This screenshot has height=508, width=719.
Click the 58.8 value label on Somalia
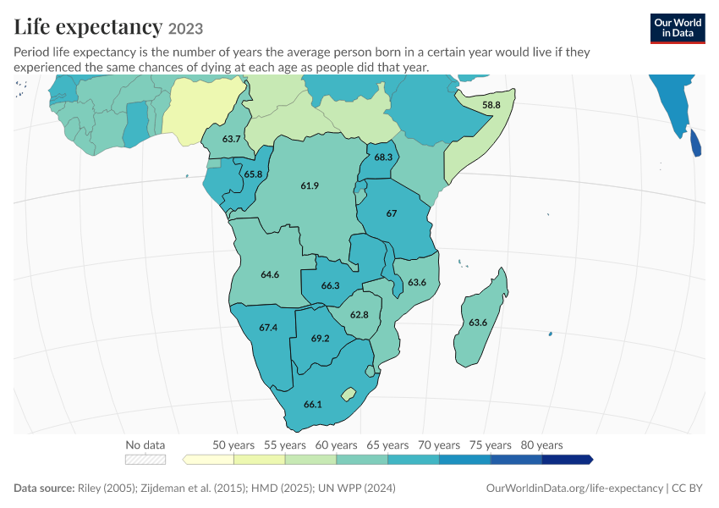tap(491, 105)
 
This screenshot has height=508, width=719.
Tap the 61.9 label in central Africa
tap(310, 186)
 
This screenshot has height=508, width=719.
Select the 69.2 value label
tap(320, 339)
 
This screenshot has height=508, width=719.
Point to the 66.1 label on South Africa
tap(313, 405)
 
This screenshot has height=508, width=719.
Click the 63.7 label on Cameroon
tap(231, 139)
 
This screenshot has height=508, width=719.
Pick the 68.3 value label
tap(383, 157)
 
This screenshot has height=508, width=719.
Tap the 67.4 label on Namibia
tap(268, 328)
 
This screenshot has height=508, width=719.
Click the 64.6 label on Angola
tap(270, 274)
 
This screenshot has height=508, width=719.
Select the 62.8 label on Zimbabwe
tap(359, 315)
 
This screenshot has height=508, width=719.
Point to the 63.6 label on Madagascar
tap(478, 323)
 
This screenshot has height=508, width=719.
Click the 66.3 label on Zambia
tap(330, 285)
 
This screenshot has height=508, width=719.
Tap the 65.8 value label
tap(253, 174)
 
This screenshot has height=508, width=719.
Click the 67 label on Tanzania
tap(391, 213)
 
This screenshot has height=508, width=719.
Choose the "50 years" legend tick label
tap(233, 445)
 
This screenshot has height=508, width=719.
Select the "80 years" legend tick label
tap(541, 445)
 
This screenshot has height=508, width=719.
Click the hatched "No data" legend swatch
tap(145, 460)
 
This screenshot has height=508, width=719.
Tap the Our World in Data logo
tap(678, 29)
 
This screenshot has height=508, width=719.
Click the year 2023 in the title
tap(185, 29)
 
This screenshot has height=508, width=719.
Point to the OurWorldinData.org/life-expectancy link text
tap(574, 488)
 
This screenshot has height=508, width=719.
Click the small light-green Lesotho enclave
tap(349, 394)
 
